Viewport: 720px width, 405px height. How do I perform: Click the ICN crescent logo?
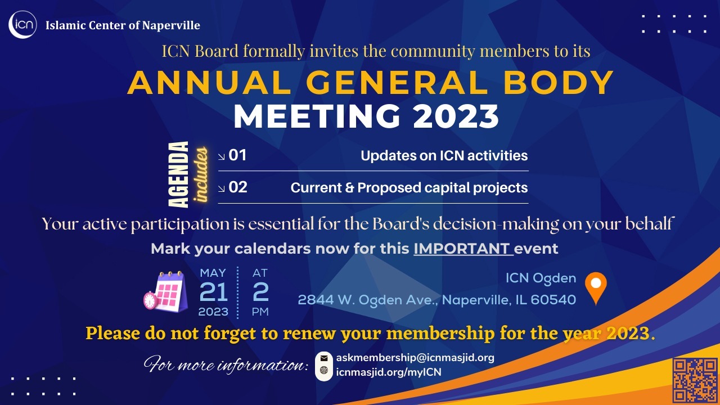pos(22,25)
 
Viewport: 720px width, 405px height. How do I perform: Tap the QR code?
pos(695,380)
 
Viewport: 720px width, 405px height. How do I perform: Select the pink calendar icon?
pos(166,291)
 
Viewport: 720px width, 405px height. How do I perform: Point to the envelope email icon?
pos(324,358)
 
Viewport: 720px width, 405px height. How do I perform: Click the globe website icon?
pos(324,370)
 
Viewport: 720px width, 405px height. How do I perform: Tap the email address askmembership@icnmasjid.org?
pos(415,358)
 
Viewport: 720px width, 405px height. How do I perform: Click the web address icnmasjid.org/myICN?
pos(389,372)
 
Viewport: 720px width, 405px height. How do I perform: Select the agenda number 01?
pos(237,155)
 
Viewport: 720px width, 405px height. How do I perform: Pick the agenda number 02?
pos(238,187)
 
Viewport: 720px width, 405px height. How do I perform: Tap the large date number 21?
pos(213,292)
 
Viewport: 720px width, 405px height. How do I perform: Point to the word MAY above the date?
pos(213,273)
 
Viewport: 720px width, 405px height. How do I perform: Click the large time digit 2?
pos(260,292)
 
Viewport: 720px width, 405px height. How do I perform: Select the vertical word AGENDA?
pos(178,174)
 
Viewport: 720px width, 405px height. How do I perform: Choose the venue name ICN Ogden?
pos(541,278)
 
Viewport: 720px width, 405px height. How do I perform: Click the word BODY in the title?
pos(559,83)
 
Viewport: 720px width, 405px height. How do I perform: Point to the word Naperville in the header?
pos(171,25)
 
